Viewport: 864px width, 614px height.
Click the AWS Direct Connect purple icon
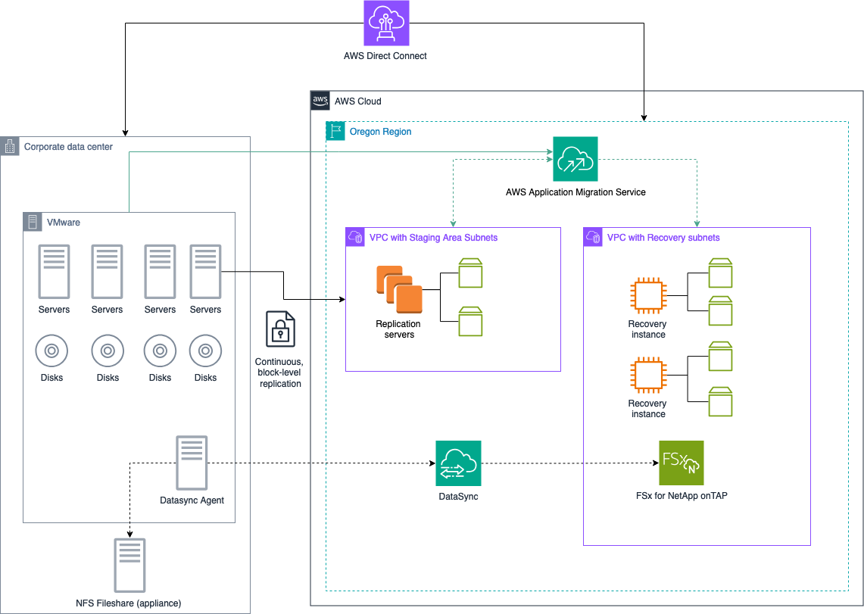click(386, 23)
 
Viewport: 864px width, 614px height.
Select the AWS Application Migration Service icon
click(575, 158)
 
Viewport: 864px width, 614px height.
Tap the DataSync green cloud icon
click(458, 463)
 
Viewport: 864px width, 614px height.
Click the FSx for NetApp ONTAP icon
click(681, 463)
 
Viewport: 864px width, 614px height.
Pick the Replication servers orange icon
click(400, 289)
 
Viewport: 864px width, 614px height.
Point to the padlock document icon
click(280, 329)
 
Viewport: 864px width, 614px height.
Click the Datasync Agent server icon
click(192, 463)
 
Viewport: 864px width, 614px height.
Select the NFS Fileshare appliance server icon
click(129, 566)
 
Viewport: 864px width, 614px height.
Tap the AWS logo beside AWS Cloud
click(320, 101)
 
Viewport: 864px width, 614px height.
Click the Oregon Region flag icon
click(335, 131)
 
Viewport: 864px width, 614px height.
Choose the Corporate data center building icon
click(9, 146)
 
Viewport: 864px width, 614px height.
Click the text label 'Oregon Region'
click(380, 132)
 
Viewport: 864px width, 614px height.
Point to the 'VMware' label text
click(64, 223)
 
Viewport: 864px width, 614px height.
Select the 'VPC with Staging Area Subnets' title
click(433, 238)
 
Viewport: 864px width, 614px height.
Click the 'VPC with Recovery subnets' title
click(663, 238)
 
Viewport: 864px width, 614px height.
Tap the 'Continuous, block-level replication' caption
click(279, 372)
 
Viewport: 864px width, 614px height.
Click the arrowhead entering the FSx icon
click(656, 463)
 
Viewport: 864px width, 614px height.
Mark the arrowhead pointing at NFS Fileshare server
click(130, 535)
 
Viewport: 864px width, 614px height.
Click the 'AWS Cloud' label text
click(357, 101)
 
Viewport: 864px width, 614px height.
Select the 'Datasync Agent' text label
click(192, 500)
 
